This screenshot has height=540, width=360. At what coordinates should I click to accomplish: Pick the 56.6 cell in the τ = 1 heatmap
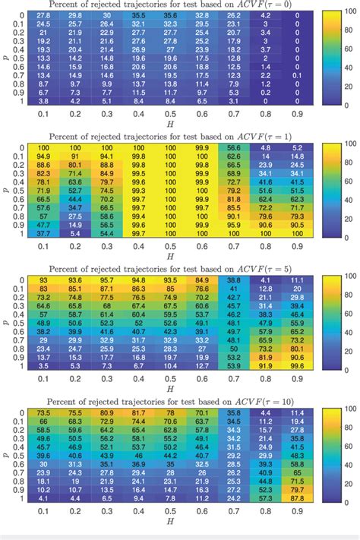click(235, 149)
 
